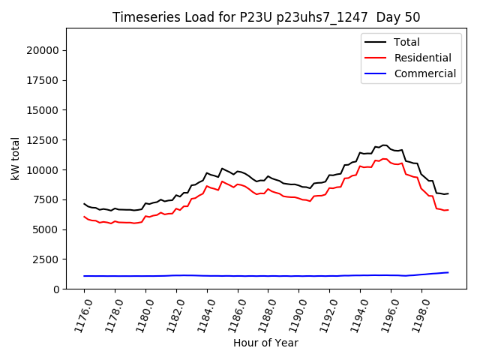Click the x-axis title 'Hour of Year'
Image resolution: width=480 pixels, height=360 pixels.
[x=266, y=343]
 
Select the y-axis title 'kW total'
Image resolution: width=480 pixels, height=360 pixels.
[x=15, y=158]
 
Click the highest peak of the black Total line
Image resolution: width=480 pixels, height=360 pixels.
[x=383, y=145]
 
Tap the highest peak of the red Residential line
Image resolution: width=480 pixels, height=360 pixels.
[x=383, y=159]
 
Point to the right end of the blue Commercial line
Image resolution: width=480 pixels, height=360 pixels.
[x=448, y=272]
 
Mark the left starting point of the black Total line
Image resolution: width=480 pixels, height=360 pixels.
[x=84, y=203]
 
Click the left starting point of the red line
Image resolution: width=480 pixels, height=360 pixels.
[x=84, y=217]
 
